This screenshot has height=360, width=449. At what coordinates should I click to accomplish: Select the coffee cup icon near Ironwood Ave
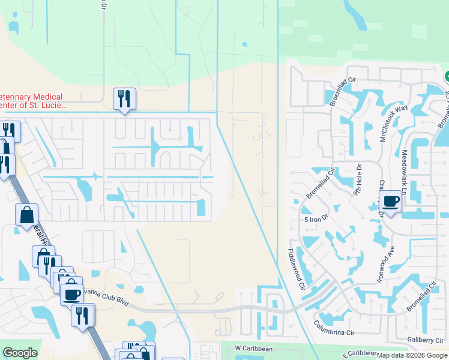click(x=390, y=201)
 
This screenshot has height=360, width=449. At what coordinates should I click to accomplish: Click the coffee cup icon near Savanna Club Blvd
click(x=72, y=294)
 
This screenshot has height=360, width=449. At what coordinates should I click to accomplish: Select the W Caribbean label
click(x=253, y=348)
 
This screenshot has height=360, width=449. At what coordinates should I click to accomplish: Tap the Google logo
click(x=20, y=353)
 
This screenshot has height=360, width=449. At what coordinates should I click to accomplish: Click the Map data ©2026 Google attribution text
click(x=412, y=355)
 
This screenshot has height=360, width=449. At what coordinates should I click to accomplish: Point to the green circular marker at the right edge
click(x=447, y=77)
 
